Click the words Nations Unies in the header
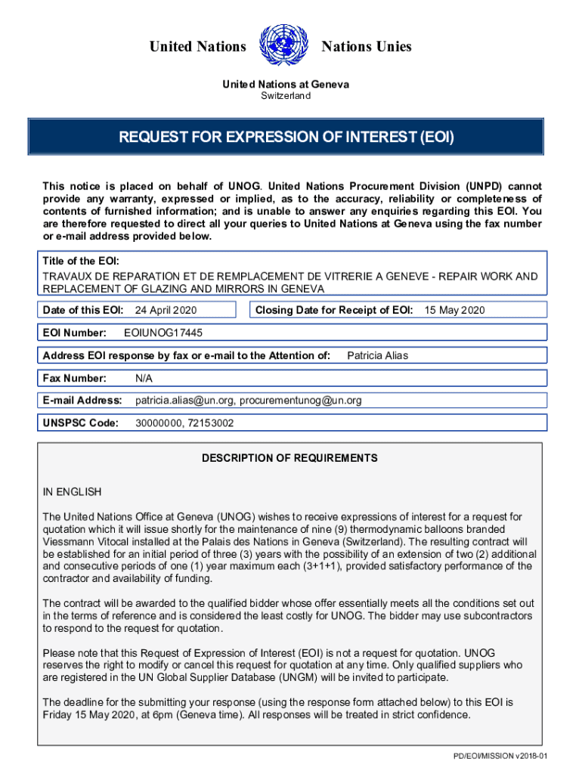(x=367, y=47)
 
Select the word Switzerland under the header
(x=286, y=96)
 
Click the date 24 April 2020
(x=166, y=310)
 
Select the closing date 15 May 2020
(x=454, y=310)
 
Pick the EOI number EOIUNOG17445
(x=163, y=333)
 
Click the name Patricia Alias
(x=377, y=355)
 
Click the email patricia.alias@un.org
(x=184, y=401)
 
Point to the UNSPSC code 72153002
(x=211, y=423)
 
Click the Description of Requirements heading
(x=289, y=458)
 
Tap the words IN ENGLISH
(x=72, y=492)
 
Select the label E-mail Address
(x=82, y=401)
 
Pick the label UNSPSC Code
(x=81, y=423)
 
